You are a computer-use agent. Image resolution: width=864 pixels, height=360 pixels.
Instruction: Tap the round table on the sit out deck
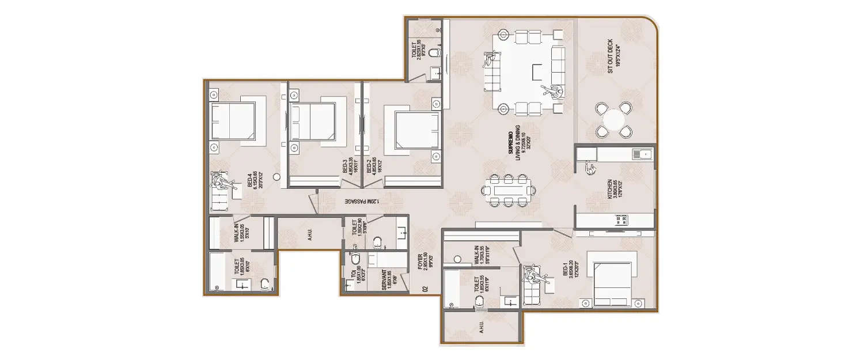(614, 120)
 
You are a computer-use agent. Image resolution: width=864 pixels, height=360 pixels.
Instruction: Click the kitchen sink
(639, 154)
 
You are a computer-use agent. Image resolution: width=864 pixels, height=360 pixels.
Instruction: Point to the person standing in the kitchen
(590, 168)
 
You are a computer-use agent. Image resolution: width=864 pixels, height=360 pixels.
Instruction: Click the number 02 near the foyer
(425, 289)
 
